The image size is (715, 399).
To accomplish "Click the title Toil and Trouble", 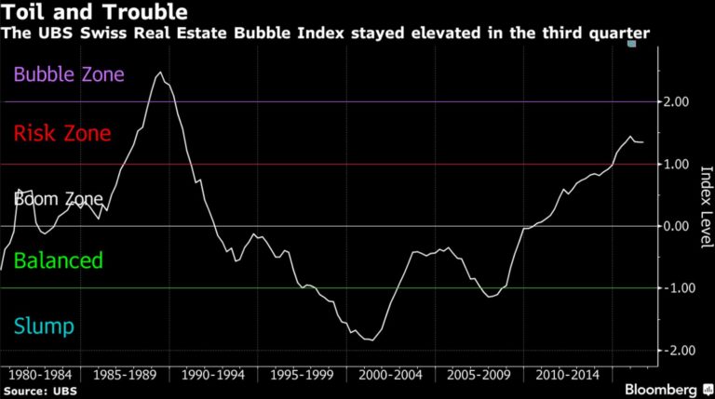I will click(93, 13).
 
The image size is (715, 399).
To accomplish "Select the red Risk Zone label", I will click(61, 134).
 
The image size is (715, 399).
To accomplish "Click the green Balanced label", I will click(58, 260).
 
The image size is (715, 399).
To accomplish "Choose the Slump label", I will click(43, 326).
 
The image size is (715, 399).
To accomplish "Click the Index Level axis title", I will click(705, 206).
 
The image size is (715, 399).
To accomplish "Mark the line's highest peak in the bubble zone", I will click(160, 73).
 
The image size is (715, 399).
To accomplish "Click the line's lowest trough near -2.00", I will click(370, 340).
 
